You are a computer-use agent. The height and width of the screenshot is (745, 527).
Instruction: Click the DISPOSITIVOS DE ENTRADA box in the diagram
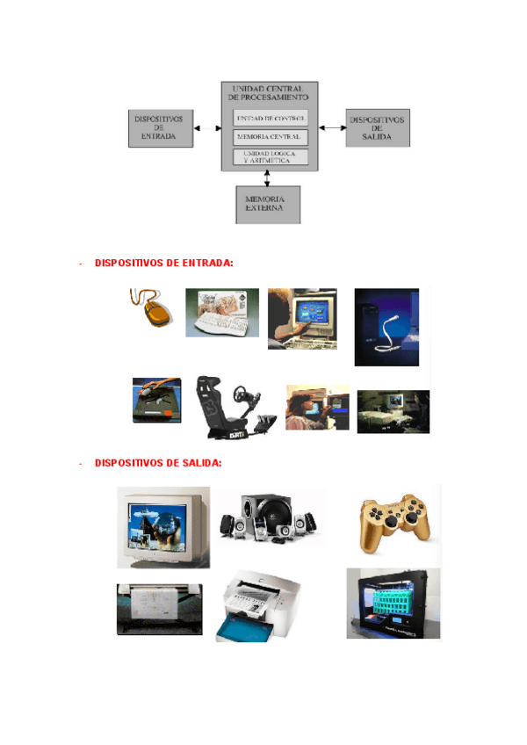(159, 127)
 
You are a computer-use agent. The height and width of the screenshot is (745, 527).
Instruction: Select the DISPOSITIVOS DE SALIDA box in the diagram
(378, 127)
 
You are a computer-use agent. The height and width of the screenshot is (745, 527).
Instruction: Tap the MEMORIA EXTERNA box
(268, 204)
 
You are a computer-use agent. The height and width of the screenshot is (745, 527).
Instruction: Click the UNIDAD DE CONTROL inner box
(271, 118)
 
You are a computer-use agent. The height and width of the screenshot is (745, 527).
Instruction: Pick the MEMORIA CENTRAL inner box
(271, 137)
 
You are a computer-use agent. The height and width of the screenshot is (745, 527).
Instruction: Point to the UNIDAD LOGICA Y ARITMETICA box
(271, 156)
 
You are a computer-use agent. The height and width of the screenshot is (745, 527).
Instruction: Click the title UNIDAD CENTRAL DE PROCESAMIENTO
(269, 93)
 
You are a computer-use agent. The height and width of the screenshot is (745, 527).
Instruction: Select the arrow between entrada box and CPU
(206, 128)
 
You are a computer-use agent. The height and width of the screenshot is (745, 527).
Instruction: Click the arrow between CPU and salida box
(332, 128)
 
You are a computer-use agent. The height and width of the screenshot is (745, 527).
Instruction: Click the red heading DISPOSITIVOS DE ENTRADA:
(163, 263)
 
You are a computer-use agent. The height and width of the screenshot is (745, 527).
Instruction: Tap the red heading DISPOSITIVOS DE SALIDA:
(158, 463)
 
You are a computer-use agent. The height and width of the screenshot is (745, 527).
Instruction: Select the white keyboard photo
(221, 313)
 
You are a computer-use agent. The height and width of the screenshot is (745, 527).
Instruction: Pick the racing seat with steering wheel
(231, 407)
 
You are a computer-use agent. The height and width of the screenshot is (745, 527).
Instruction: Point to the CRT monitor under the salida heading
(163, 527)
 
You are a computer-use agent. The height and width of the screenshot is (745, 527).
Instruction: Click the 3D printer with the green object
(393, 604)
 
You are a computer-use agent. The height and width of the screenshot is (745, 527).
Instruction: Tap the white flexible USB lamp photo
(386, 327)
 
